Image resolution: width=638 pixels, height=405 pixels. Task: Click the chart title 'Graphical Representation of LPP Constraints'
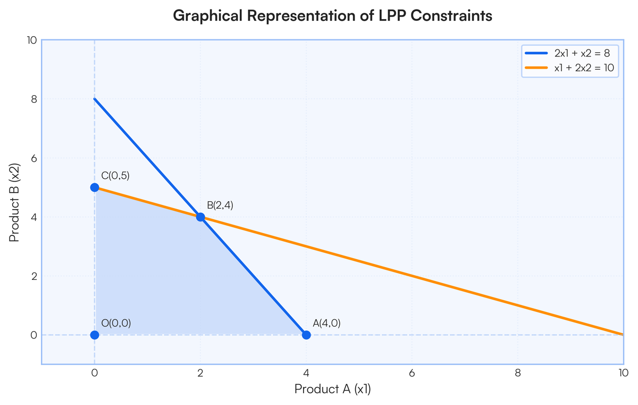[332, 15]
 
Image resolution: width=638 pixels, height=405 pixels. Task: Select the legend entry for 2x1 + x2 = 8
[568, 53]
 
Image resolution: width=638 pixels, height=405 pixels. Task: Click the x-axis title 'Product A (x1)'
[332, 389]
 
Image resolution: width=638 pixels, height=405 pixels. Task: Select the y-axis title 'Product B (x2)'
[14, 203]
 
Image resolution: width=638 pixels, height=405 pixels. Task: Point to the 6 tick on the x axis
[412, 373]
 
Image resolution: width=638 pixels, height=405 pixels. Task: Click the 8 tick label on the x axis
[518, 373]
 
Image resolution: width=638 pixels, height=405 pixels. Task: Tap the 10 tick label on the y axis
[32, 40]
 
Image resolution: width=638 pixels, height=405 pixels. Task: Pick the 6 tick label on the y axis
[34, 158]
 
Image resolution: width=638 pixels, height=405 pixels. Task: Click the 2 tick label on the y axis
[34, 276]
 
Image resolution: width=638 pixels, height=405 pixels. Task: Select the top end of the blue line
[95, 99]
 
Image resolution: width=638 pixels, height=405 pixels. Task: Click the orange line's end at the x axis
[623, 335]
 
